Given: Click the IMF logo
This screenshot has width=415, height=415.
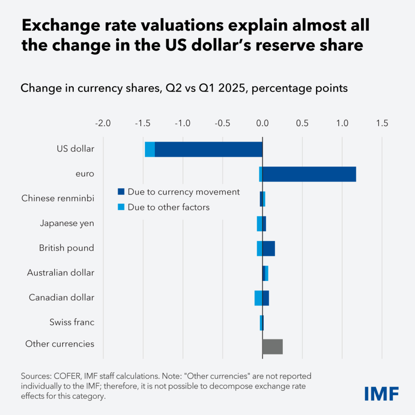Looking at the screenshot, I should click(x=381, y=393).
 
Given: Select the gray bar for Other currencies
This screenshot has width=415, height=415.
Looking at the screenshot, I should click(x=272, y=347).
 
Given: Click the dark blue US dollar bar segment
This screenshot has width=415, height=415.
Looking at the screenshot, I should click(x=208, y=149).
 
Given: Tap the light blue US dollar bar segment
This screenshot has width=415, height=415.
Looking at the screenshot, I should click(x=150, y=149).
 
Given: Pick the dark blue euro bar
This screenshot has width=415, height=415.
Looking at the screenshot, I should click(x=309, y=174).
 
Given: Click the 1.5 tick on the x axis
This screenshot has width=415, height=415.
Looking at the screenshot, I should click(x=382, y=123).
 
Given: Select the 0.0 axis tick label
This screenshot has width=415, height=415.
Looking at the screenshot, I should click(x=262, y=123).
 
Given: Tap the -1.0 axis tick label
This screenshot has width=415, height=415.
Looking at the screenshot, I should click(x=182, y=123).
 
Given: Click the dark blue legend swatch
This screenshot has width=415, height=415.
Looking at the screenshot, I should click(x=121, y=192).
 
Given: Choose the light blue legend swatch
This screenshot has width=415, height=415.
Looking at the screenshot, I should click(x=121, y=207).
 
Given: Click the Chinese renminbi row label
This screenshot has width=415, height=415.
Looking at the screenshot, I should click(x=58, y=199).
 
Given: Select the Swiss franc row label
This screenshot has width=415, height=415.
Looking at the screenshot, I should click(x=72, y=323).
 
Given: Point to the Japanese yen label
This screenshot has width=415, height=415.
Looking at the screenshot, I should click(x=67, y=223).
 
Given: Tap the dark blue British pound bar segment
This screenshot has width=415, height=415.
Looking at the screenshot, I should click(x=268, y=248).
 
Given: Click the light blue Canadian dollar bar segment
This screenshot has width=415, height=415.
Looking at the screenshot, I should click(x=258, y=298).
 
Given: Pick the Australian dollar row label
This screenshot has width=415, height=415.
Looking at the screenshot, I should click(x=61, y=273).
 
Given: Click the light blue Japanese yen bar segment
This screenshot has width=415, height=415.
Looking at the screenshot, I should click(x=259, y=224).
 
